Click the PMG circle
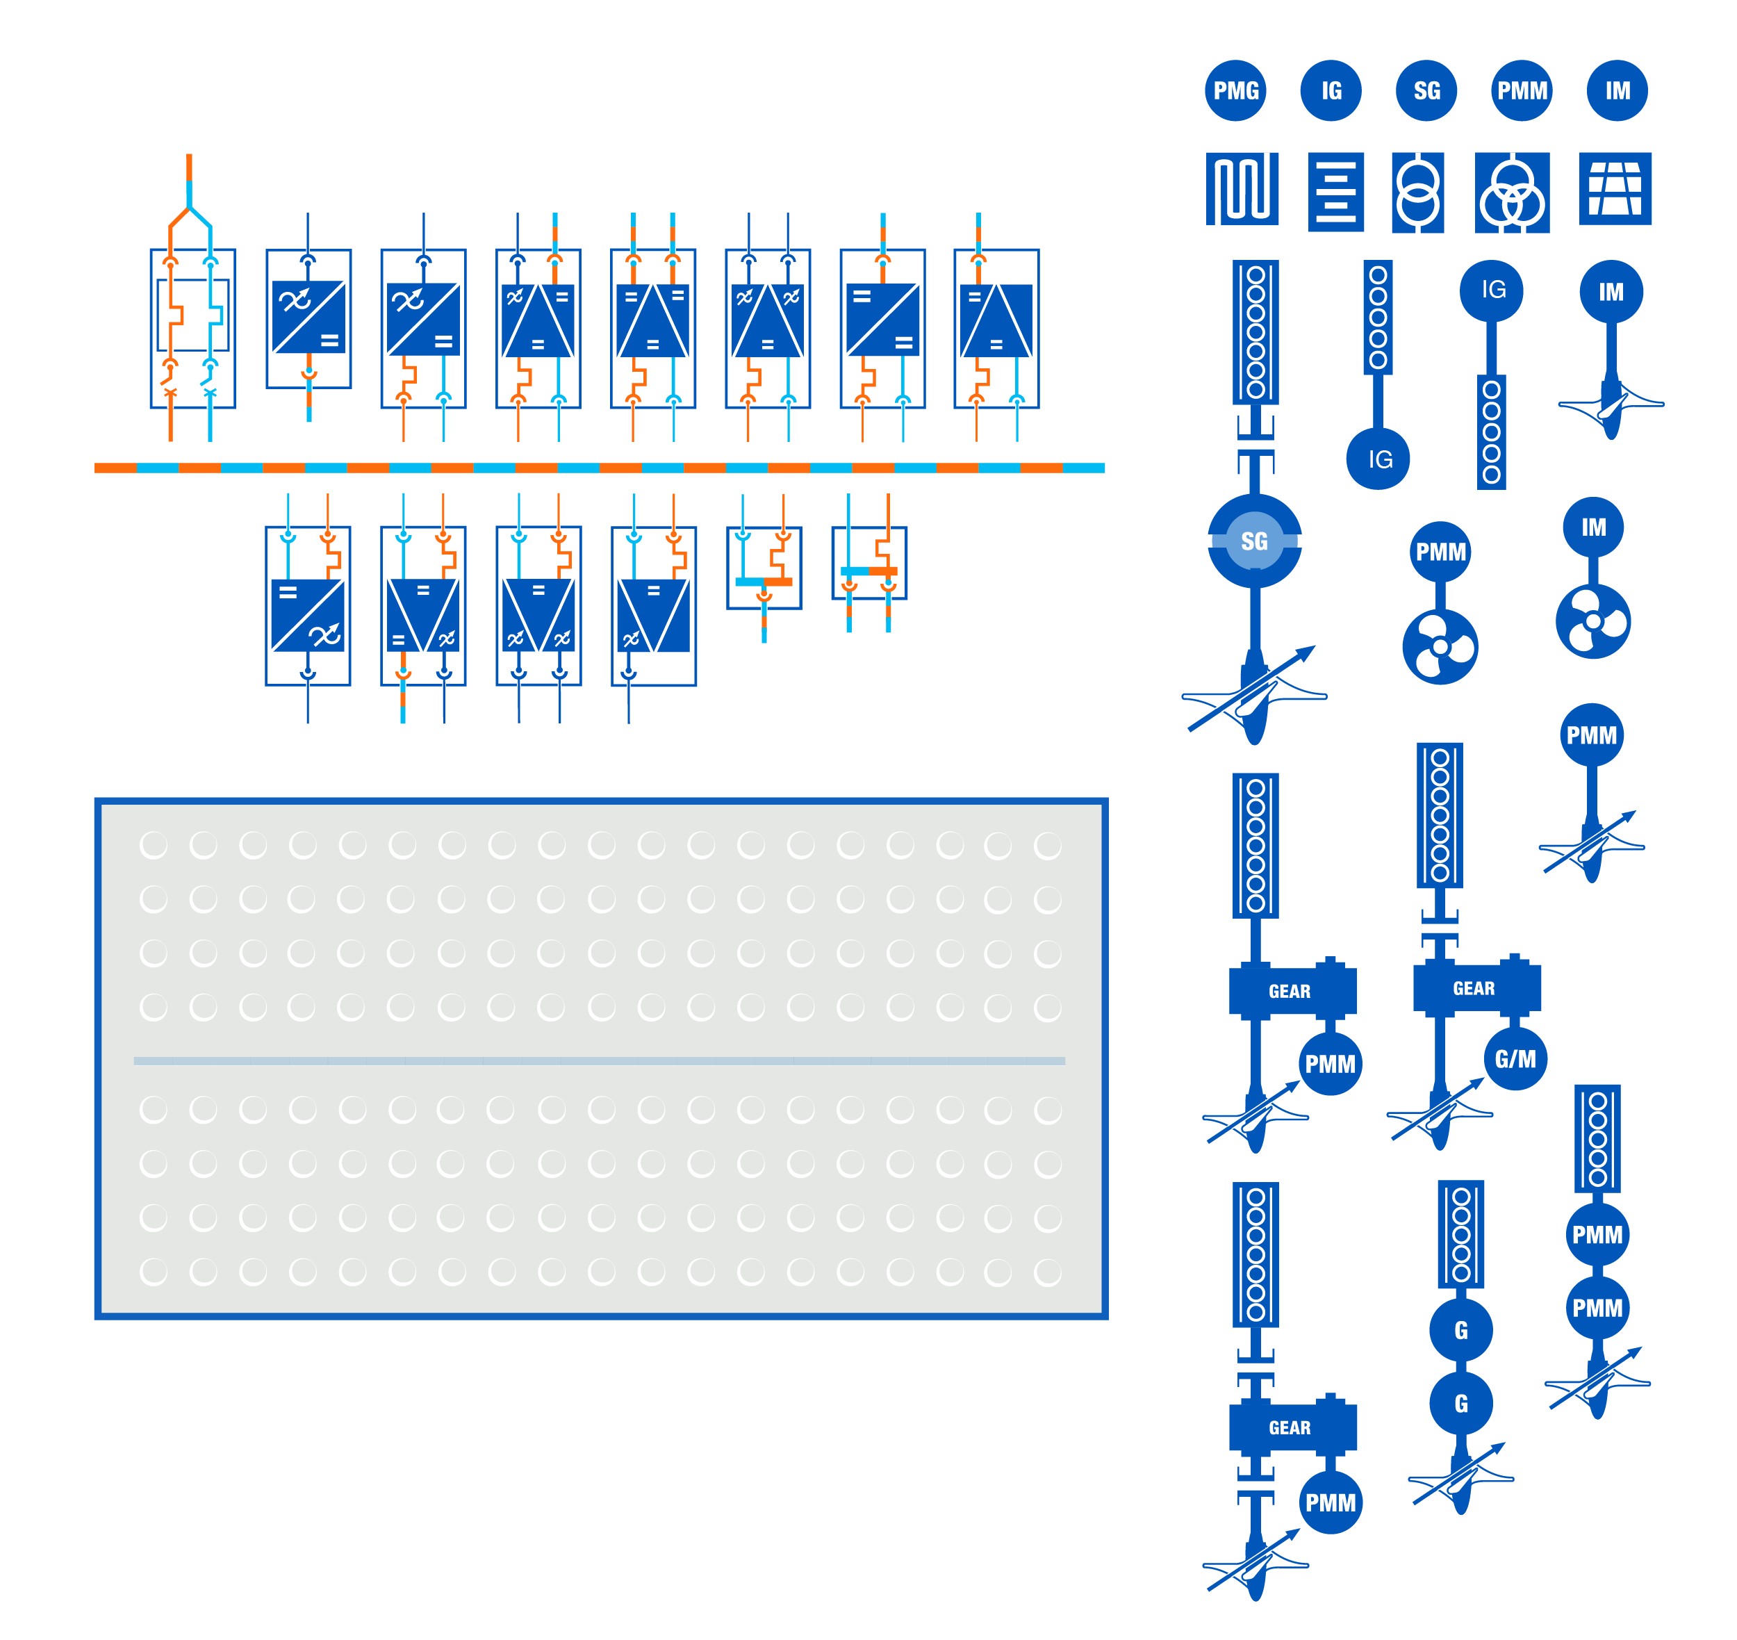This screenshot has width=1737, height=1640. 1235,91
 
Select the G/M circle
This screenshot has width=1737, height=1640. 1515,1060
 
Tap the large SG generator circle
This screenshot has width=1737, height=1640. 1254,541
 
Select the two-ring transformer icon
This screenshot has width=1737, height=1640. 1417,193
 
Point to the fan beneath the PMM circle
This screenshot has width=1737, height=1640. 1440,648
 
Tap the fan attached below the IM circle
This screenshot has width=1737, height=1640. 1592,621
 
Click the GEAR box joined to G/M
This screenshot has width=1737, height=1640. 1476,988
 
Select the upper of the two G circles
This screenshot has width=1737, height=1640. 1460,1329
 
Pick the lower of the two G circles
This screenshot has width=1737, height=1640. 1460,1403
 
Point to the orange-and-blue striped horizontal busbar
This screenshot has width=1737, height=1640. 600,468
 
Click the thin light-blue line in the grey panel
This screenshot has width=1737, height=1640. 600,1060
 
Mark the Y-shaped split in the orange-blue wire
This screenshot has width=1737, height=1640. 189,210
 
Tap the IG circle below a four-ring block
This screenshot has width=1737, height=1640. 1378,459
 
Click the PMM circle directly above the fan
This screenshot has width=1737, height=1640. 1440,552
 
